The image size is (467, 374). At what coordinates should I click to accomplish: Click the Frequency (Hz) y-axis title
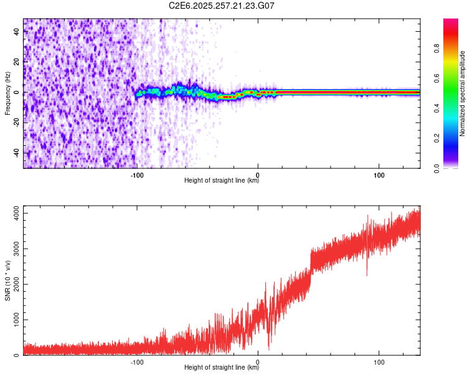coord(7,92)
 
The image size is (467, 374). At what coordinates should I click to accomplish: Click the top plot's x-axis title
coord(222,181)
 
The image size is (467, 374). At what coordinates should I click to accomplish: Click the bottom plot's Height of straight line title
coord(222,368)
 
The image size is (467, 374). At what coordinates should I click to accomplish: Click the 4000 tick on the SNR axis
coord(13,213)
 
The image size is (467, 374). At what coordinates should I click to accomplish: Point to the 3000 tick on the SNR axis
coord(13,249)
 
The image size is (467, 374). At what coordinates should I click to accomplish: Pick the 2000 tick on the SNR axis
coord(13,284)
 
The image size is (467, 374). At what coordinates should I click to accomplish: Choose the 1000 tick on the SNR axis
coord(13,320)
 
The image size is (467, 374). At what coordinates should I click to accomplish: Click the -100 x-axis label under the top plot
coord(137,175)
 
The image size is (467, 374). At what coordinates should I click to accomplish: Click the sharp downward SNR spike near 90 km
coord(367,274)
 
